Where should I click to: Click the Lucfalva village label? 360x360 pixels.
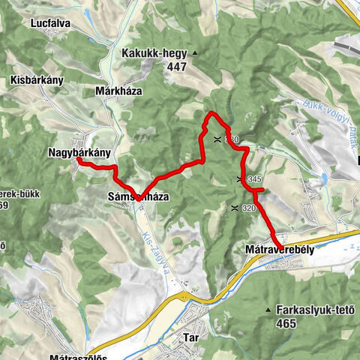(x=51, y=23)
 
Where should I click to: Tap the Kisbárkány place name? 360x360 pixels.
(x=37, y=79)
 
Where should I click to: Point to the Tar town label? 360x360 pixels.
(x=190, y=338)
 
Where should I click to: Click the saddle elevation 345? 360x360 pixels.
(x=253, y=180)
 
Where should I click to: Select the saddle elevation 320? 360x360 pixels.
(x=250, y=208)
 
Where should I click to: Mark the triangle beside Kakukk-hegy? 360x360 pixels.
(x=194, y=53)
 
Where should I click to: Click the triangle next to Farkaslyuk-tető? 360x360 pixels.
(x=268, y=309)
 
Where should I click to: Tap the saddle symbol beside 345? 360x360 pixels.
(x=239, y=179)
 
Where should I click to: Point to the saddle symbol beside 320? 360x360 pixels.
(x=235, y=208)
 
